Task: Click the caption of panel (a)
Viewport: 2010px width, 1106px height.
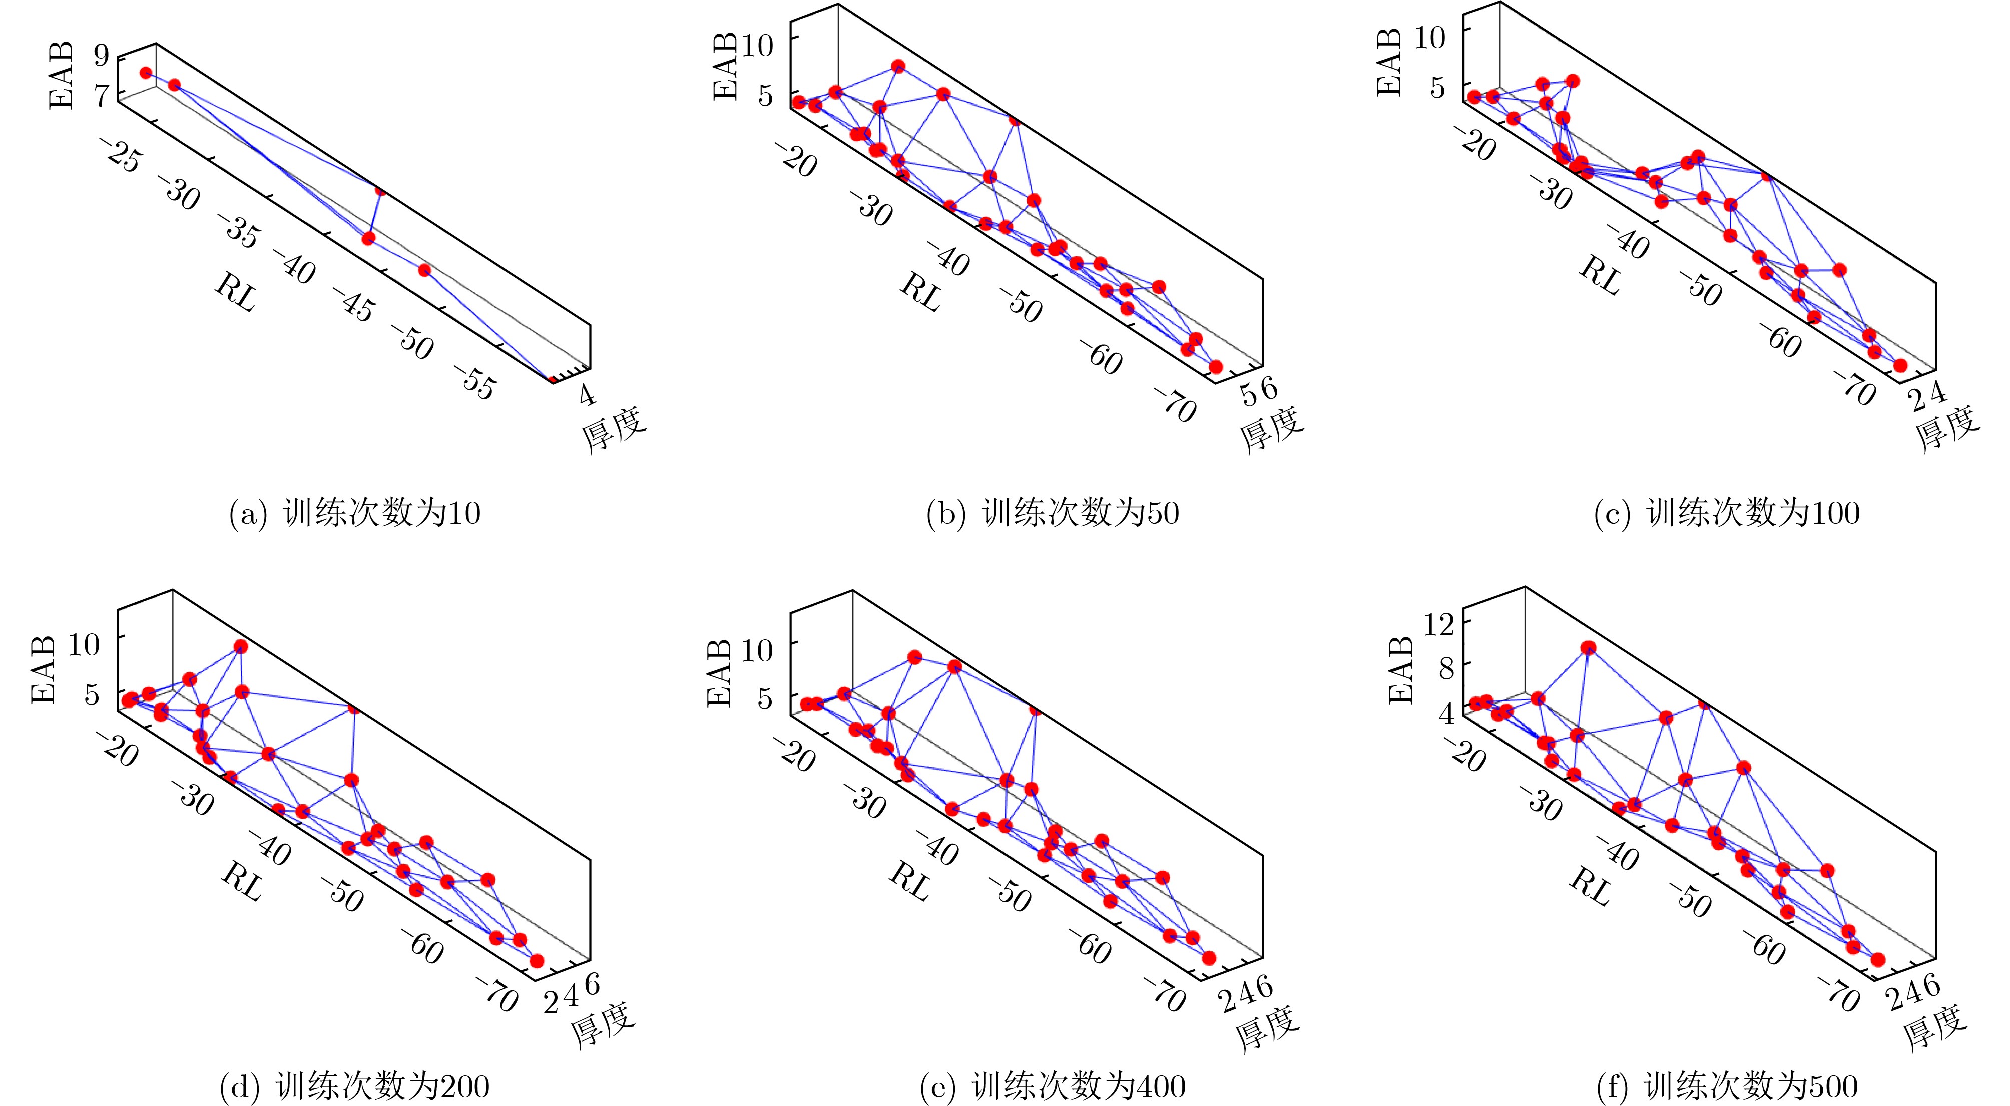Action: tap(354, 513)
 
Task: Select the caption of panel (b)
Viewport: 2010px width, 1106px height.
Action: tap(1052, 513)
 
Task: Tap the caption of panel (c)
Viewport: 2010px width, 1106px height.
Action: tap(1726, 513)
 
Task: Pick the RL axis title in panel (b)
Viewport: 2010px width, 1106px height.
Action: tap(921, 292)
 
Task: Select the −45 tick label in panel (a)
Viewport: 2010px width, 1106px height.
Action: tap(355, 304)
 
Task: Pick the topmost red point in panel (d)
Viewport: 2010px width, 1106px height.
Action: tap(241, 646)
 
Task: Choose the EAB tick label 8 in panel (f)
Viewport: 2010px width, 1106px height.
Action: tap(1446, 668)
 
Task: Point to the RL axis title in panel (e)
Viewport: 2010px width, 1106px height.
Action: tap(910, 881)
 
